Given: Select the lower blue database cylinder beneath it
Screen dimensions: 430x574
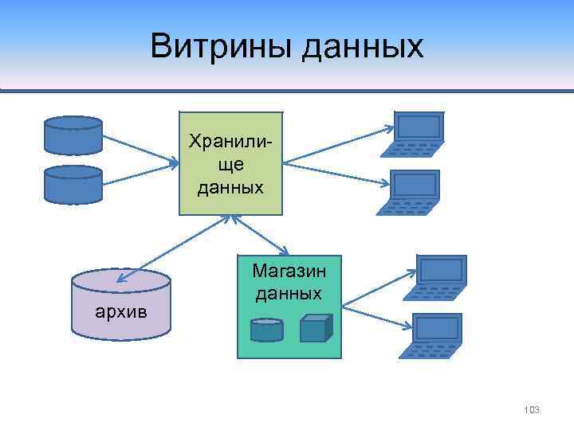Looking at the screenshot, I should (x=73, y=184).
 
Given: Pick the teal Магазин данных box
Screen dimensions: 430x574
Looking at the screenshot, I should (x=289, y=307).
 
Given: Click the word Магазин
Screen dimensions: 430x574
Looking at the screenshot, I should (x=289, y=271).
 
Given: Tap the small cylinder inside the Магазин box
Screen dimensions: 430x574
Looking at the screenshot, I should (x=266, y=330).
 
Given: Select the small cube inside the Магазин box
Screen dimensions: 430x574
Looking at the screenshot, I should (x=316, y=328).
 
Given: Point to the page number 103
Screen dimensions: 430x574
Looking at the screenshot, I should (x=532, y=409).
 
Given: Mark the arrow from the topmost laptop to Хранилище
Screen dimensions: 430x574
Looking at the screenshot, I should (x=339, y=146).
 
